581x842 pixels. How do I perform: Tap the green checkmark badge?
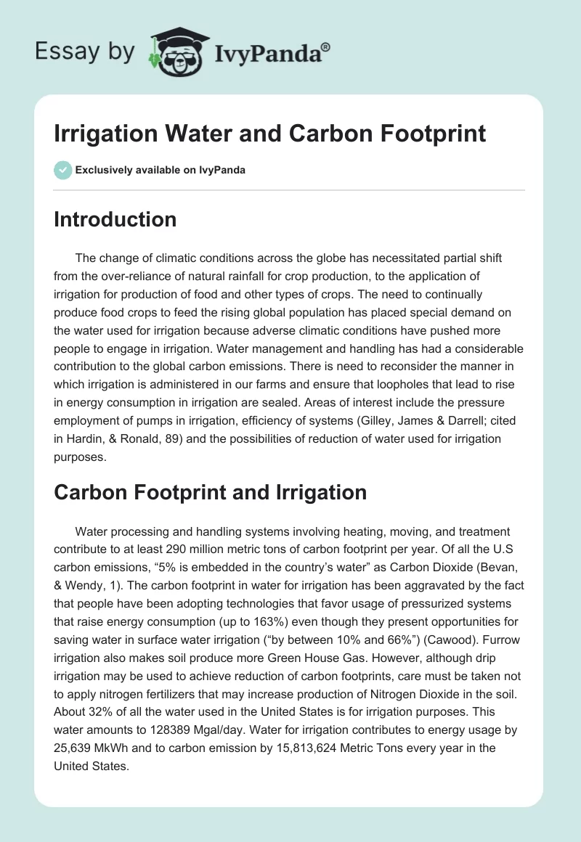(x=62, y=170)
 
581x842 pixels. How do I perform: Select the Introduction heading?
(x=115, y=219)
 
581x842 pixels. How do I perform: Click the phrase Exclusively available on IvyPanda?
(x=160, y=171)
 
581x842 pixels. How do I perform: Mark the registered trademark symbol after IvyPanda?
(x=325, y=47)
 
